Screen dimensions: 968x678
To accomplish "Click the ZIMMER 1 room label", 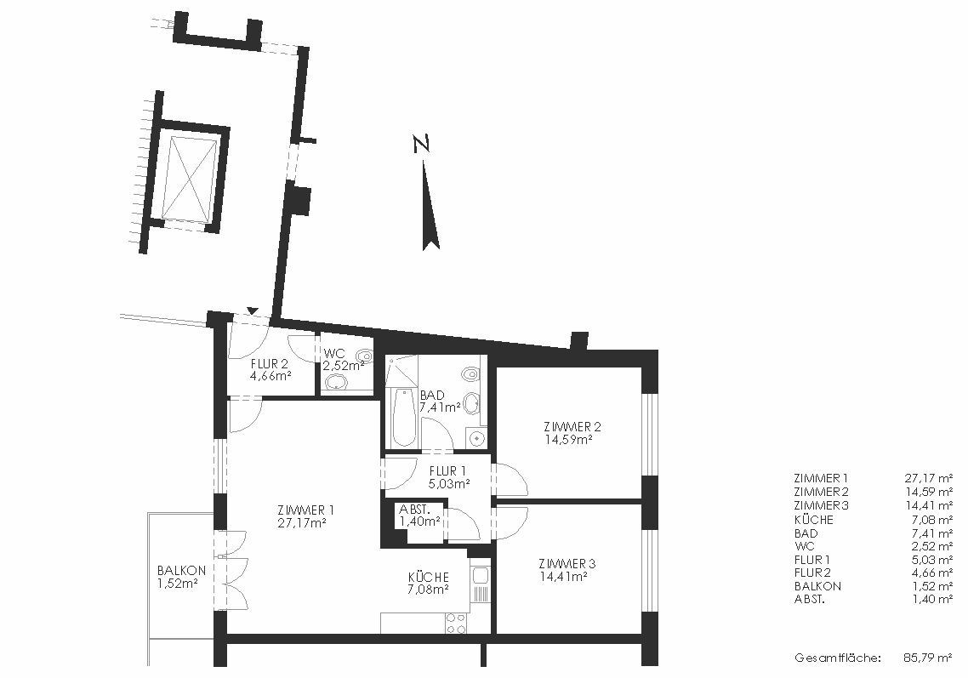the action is click(x=305, y=510).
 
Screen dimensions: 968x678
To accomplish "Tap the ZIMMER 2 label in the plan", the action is click(x=572, y=427).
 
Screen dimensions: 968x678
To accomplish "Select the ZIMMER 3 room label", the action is click(x=567, y=564).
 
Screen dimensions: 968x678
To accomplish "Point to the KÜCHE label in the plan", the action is click(x=429, y=578).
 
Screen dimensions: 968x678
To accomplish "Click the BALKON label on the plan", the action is click(x=181, y=571).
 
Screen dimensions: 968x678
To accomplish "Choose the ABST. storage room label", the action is click(x=413, y=510).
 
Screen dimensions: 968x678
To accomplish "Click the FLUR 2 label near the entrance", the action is click(x=269, y=364).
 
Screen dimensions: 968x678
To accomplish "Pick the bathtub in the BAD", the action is click(x=403, y=417).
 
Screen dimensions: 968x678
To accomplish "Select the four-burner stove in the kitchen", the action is click(x=456, y=623).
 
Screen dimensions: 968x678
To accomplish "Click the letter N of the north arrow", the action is click(x=421, y=144).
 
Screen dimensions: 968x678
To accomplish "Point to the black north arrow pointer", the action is click(x=430, y=206).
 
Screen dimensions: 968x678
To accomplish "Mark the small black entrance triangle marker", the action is click(x=252, y=310).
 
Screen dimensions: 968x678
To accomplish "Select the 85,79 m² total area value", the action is click(x=928, y=658).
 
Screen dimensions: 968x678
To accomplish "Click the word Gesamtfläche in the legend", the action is click(x=836, y=658).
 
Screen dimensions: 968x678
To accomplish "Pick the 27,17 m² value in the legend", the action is click(x=928, y=478).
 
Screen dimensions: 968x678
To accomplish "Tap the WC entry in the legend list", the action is click(x=805, y=546).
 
